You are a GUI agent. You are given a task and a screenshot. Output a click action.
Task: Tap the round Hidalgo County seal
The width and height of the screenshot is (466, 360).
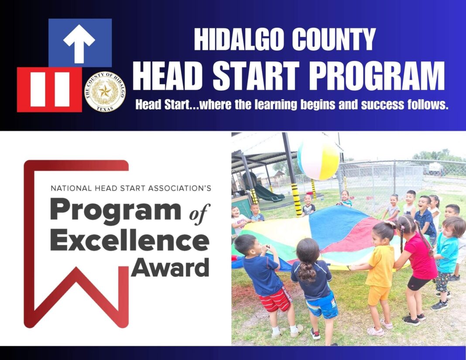(105, 92)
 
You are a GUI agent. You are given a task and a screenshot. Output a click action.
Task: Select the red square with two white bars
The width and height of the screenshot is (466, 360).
(49, 89)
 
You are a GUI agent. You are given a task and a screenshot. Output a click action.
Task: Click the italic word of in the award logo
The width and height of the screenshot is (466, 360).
(199, 213)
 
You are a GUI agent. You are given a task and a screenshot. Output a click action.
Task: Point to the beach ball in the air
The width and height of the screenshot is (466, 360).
(319, 158)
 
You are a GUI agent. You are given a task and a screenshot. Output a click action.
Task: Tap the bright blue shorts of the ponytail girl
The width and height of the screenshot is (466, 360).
(322, 307)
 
